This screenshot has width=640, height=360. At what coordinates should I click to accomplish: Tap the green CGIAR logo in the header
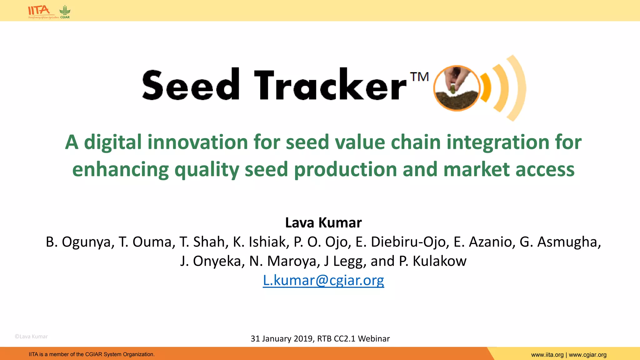point(65,11)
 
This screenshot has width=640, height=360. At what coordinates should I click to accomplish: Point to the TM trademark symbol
point(419,77)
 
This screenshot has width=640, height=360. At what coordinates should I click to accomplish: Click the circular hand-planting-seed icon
point(457,88)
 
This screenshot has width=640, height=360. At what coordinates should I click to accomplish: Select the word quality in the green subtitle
point(207,170)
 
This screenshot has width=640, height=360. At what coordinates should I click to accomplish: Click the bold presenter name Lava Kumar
point(323,223)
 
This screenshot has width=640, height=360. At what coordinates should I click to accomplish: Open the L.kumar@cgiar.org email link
point(323,280)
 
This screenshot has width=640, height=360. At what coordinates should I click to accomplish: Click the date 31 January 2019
point(282,339)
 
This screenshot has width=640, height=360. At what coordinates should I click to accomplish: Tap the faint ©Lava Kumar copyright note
point(31,337)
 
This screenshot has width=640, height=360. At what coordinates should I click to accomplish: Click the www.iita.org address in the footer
point(547,355)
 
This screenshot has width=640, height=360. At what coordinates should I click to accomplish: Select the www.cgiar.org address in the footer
point(587,355)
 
